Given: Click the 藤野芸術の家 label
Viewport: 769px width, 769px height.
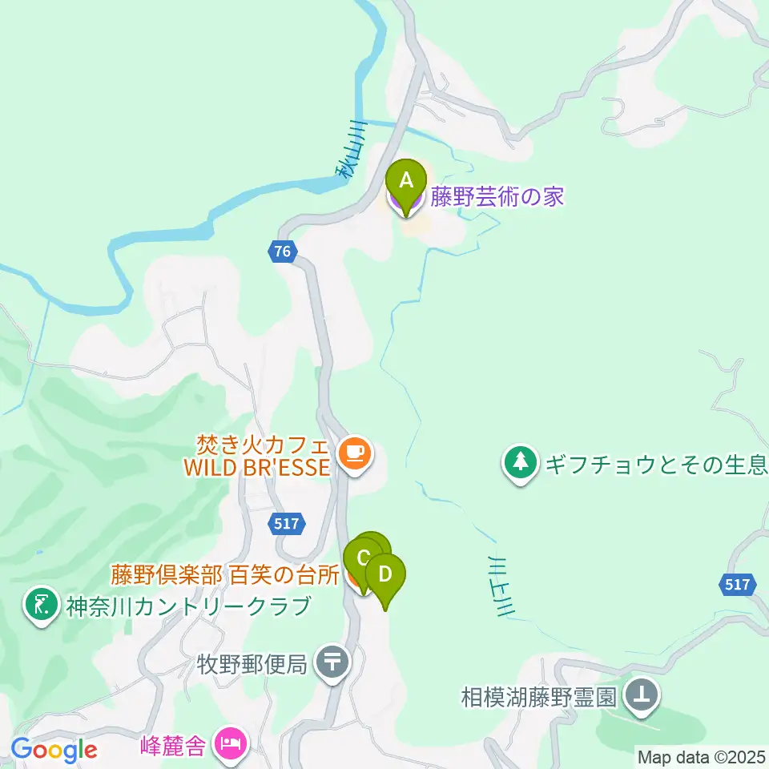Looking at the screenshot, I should tap(497, 197).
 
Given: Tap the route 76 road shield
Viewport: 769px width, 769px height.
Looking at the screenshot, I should tap(282, 251).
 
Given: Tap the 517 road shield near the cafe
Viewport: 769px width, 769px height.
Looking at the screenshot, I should tap(286, 524).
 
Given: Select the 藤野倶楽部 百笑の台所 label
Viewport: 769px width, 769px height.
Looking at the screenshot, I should tap(224, 575).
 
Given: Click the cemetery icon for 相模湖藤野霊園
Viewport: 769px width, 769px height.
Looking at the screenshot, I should tap(641, 695).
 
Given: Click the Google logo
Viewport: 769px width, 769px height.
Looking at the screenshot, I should tap(54, 750).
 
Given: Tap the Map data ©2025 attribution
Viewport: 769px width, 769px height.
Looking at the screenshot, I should tap(702, 756).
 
